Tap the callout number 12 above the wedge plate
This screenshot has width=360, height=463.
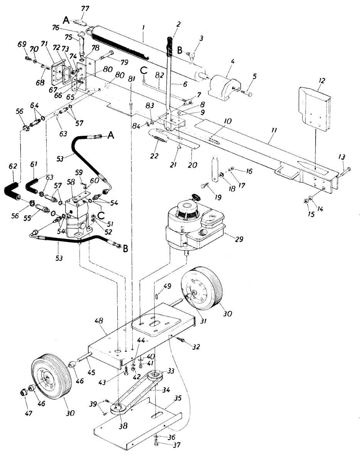click(x=322, y=81)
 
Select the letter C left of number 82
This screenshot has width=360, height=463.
click(x=144, y=71)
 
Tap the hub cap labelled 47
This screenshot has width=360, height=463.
click(x=24, y=392)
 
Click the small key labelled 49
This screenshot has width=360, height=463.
click(x=157, y=296)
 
